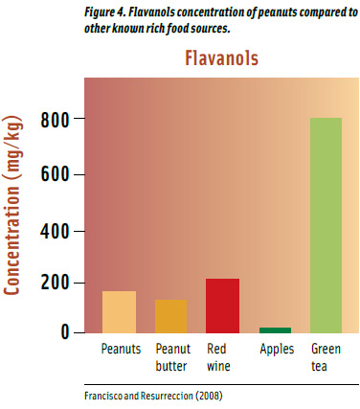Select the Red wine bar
click(x=222, y=306)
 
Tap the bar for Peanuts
click(x=120, y=311)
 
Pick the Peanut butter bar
click(x=171, y=316)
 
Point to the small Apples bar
click(x=275, y=330)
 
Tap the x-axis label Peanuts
click(x=121, y=350)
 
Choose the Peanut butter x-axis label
click(x=171, y=357)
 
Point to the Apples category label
click(x=276, y=350)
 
